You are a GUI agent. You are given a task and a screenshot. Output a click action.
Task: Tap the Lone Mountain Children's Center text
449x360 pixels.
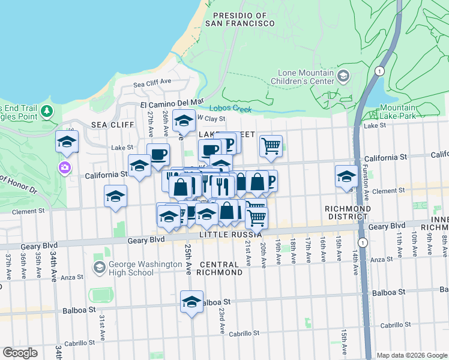coord(302,76)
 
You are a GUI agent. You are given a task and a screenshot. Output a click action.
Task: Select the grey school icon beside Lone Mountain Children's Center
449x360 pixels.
coord(343,76)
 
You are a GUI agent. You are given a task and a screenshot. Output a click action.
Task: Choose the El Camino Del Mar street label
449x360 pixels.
coord(172,103)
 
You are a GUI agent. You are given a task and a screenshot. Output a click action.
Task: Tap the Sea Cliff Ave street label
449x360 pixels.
coord(152,83)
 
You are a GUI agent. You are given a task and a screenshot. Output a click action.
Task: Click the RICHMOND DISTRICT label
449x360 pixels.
coord(346,212)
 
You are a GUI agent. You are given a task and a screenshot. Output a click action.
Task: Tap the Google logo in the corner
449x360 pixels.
coord(20,353)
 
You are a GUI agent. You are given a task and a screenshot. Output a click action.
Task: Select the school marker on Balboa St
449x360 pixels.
coord(191,301)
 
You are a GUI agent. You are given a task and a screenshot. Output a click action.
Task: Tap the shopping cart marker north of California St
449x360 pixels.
coord(271,145)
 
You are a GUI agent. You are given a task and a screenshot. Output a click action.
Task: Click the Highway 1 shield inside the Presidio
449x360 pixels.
coord(379,71)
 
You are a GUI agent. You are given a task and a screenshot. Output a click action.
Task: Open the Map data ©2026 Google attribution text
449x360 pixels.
coord(411,355)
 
